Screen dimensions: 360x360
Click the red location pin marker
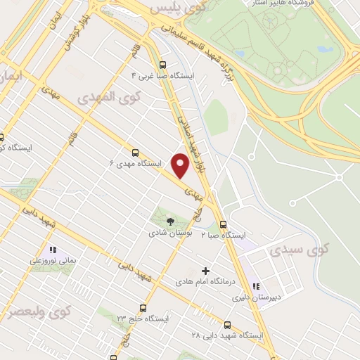[181, 165]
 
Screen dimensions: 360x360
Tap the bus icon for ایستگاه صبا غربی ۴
[163, 62]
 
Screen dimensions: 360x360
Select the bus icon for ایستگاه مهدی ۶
[135, 151]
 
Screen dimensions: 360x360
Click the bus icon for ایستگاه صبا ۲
[223, 224]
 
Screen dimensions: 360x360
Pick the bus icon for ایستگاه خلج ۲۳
[143, 308]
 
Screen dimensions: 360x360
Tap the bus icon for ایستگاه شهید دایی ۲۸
[227, 325]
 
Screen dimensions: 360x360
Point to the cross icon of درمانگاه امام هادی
[205, 271]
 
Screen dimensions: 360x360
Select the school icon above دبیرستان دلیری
[256, 286]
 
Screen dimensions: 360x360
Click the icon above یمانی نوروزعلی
[52, 250]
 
